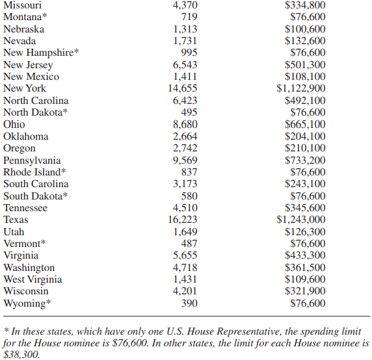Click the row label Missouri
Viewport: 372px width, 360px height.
click(x=23, y=5)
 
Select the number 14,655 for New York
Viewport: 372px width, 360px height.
click(x=183, y=88)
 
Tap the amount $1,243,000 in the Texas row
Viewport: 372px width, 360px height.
click(x=301, y=220)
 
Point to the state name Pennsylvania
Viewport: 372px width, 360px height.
click(x=32, y=161)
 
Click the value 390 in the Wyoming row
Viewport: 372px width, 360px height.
click(x=189, y=303)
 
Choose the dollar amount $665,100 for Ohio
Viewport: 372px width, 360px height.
click(x=306, y=125)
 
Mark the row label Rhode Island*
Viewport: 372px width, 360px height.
click(x=34, y=172)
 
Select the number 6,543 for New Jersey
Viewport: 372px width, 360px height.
click(x=185, y=65)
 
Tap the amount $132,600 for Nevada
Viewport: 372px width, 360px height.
click(x=306, y=41)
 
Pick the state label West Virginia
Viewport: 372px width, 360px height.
click(x=33, y=279)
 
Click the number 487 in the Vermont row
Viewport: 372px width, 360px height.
click(x=189, y=244)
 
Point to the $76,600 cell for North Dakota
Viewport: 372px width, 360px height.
click(x=308, y=112)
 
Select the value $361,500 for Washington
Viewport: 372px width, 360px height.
click(x=306, y=268)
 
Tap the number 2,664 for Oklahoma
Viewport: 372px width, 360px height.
click(x=185, y=136)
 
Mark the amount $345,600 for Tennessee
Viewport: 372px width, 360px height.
click(x=306, y=208)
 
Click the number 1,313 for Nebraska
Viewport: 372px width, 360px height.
click(x=185, y=29)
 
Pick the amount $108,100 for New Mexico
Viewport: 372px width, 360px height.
click(x=306, y=77)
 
